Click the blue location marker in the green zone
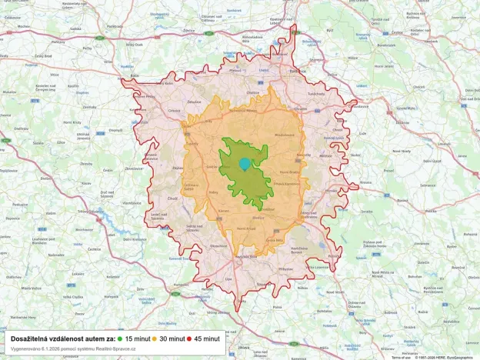pyautogui.click(x=245, y=163)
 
